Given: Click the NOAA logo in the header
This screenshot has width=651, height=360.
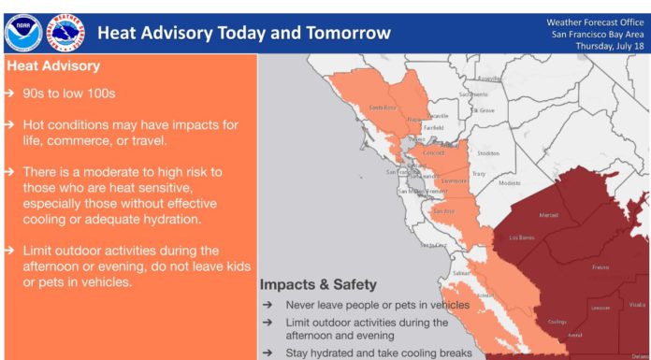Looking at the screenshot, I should pos(22,33).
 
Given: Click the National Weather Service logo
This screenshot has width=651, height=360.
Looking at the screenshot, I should pos(65,33).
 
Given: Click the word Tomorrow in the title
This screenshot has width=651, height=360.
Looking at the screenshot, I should pos(344,34).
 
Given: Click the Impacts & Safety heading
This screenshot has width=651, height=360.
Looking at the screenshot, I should pos(318,284).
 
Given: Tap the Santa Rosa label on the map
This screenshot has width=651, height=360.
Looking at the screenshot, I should pos(383,108).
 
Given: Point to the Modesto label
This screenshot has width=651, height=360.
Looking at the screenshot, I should pos(510,182).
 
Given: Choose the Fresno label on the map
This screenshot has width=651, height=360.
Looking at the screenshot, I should pos(602,267).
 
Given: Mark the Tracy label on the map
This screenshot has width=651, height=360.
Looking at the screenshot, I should pos(479,173).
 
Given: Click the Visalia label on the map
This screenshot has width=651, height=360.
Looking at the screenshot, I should pos(638,304).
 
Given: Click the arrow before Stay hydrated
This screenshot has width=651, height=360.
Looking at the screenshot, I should pos(268,353).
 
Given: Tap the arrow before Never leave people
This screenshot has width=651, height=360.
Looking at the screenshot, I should pos(268,305).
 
